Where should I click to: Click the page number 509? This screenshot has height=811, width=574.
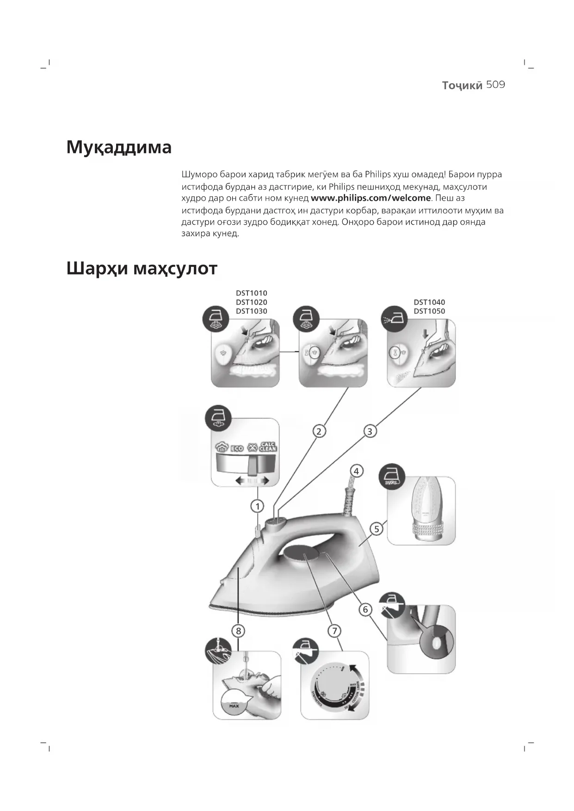[x=495, y=85]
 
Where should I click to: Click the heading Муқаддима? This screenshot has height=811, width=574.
[x=119, y=147]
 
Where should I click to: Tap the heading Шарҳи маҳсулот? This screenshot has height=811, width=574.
[x=142, y=268]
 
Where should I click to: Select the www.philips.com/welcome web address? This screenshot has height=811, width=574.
[x=370, y=198]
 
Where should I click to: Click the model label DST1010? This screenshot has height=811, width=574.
[x=251, y=293]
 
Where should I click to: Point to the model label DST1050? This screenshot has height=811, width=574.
[x=429, y=311]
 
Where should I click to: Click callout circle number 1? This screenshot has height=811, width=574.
[x=257, y=506]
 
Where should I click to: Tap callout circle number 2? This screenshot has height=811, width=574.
[x=319, y=431]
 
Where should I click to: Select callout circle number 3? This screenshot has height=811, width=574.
[x=370, y=431]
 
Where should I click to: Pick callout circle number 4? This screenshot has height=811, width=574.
[x=356, y=471]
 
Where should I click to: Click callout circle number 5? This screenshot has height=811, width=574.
[x=376, y=529]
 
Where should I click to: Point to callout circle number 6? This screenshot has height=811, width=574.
[x=365, y=609]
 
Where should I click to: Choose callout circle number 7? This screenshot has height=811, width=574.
[x=334, y=631]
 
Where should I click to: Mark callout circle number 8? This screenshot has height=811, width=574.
[x=238, y=631]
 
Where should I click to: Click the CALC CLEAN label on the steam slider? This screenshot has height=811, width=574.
[x=268, y=447]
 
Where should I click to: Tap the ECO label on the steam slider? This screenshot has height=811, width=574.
[x=237, y=448]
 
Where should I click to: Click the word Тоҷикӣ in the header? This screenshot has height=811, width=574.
[x=462, y=86]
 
